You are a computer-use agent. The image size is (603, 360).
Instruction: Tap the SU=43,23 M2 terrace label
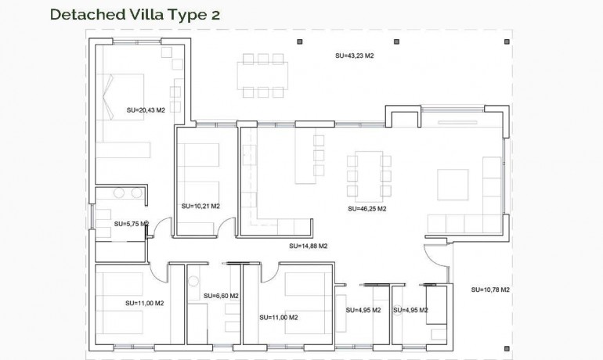coord(353,56)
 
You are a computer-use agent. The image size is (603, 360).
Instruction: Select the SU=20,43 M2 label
coord(146,110)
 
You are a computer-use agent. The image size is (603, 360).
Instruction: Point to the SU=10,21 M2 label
coord(200,207)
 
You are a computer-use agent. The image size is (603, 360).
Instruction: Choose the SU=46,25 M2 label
coord(367,209)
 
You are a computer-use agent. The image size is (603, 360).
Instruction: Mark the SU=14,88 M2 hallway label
coord(308,246)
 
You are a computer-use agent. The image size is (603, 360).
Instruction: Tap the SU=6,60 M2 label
coord(220,296)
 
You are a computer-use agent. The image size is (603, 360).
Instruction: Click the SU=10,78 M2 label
coord(490,290)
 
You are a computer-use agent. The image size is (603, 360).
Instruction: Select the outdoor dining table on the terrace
coord(263,76)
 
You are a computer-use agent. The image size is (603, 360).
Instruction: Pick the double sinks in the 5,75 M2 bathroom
coord(128,193)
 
